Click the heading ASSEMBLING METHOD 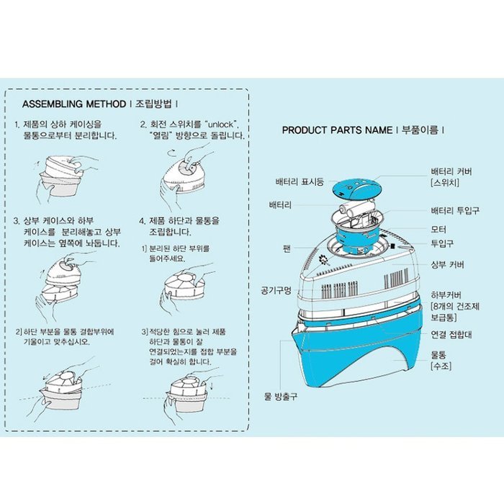pos(74,104)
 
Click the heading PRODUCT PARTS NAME pos(337,130)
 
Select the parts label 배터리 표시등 pos(300,182)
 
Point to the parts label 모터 pos(438,230)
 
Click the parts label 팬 pos(287,248)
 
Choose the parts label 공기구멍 pos(276,291)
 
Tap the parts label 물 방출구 pos(281,396)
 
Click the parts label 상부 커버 pos(447,265)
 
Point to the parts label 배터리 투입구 pos(455,210)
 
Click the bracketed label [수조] pos(441,366)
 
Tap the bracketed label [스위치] pos(445,183)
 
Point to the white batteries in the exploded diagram pos(356,207)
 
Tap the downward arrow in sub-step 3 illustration pos(212,386)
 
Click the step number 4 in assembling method pos(142,221)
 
